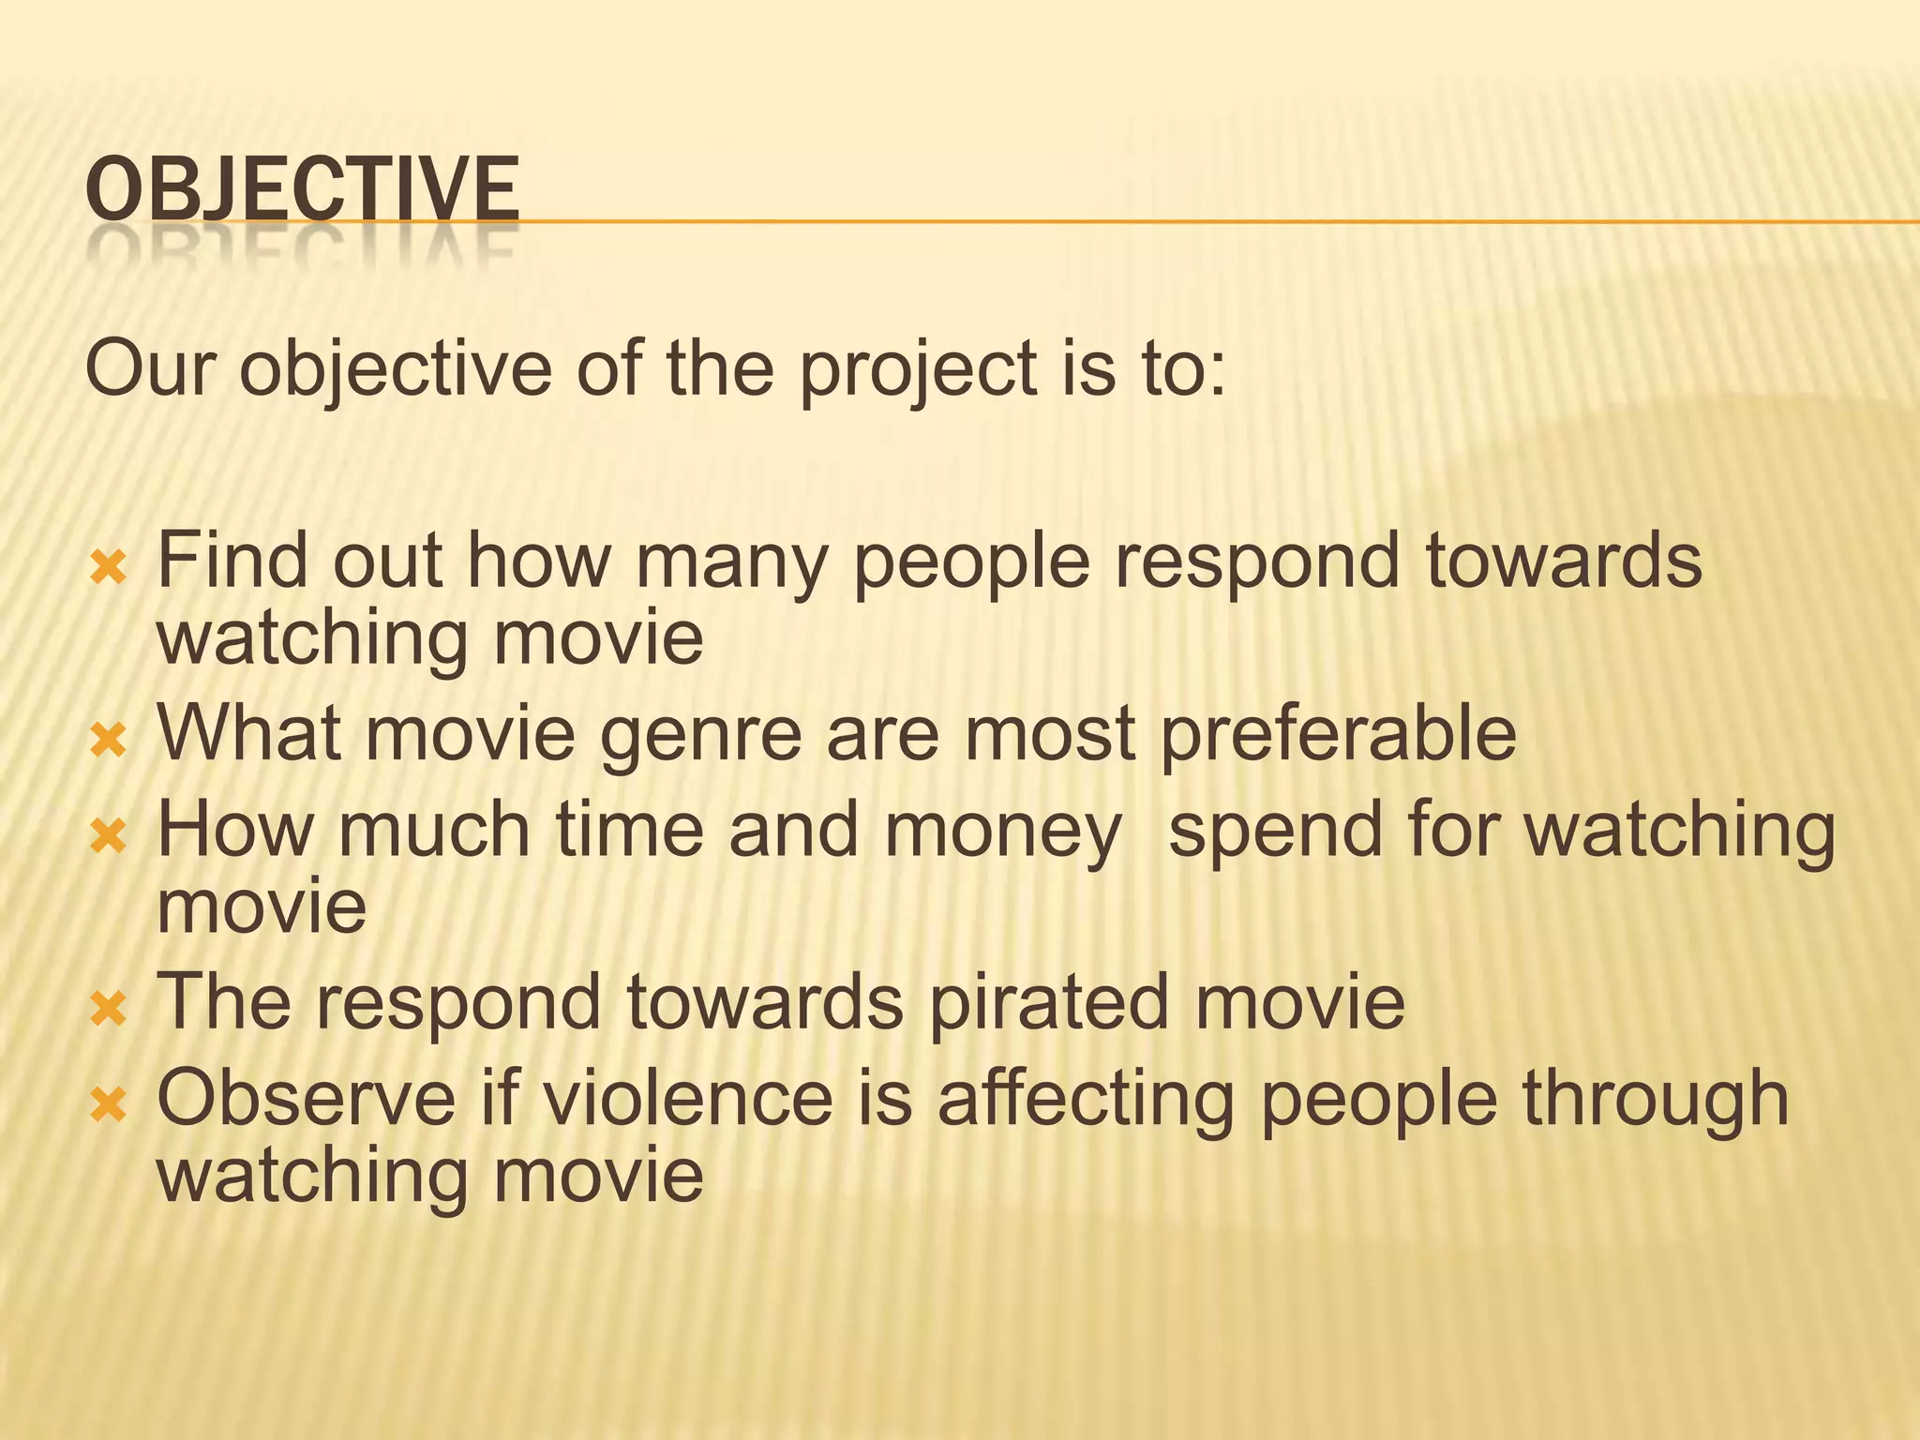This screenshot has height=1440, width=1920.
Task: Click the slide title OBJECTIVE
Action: (x=301, y=189)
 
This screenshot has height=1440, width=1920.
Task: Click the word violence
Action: (x=688, y=1099)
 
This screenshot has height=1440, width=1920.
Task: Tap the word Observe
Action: (x=307, y=1099)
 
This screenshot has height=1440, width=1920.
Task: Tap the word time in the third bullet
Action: (x=629, y=832)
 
